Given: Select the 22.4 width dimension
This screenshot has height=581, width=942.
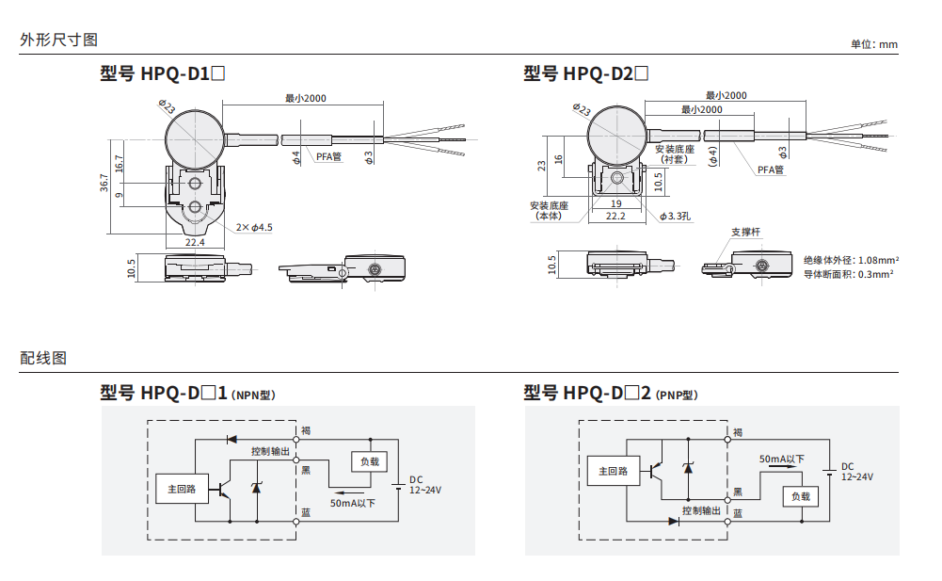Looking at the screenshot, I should click(195, 243).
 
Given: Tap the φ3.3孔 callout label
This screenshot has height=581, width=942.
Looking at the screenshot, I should click(673, 217).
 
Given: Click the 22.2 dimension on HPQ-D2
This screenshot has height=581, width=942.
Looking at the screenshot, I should click(615, 217).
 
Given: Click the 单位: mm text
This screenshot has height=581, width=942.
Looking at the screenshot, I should click(874, 44).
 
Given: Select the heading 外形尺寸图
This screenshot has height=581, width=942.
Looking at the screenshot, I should click(59, 40).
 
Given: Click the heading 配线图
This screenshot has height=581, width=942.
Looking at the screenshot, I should click(43, 358).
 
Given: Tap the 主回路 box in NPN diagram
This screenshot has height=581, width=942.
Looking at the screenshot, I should click(182, 489).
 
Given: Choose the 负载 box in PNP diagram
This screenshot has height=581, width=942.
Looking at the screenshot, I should click(800, 496).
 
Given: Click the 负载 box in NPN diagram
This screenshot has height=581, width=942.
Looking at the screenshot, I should click(369, 461).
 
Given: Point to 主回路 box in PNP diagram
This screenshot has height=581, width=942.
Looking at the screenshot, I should click(607, 471).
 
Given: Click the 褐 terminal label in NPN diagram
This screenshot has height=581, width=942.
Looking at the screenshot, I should click(306, 430).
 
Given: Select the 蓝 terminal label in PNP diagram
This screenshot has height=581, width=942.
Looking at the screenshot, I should click(738, 513).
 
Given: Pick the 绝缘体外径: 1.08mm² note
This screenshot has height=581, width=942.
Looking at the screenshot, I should click(851, 259).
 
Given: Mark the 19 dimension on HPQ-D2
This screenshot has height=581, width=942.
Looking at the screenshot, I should click(615, 202).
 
